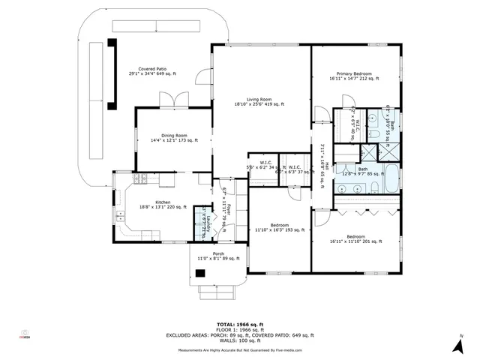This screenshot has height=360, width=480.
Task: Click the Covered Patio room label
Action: pos(152,71)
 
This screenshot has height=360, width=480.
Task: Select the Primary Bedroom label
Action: pos(355,76)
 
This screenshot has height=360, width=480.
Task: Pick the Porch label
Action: pos(218,256)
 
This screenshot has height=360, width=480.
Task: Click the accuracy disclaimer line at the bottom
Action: pos(239,350)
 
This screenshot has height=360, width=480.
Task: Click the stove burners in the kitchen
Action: pos(140,181)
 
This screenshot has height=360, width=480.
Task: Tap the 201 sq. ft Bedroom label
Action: pos(355,239)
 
